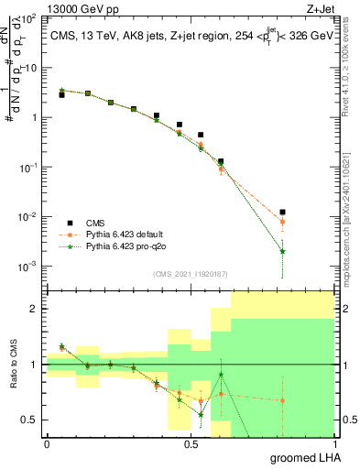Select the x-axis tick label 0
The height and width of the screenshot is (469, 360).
pos(47,443)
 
